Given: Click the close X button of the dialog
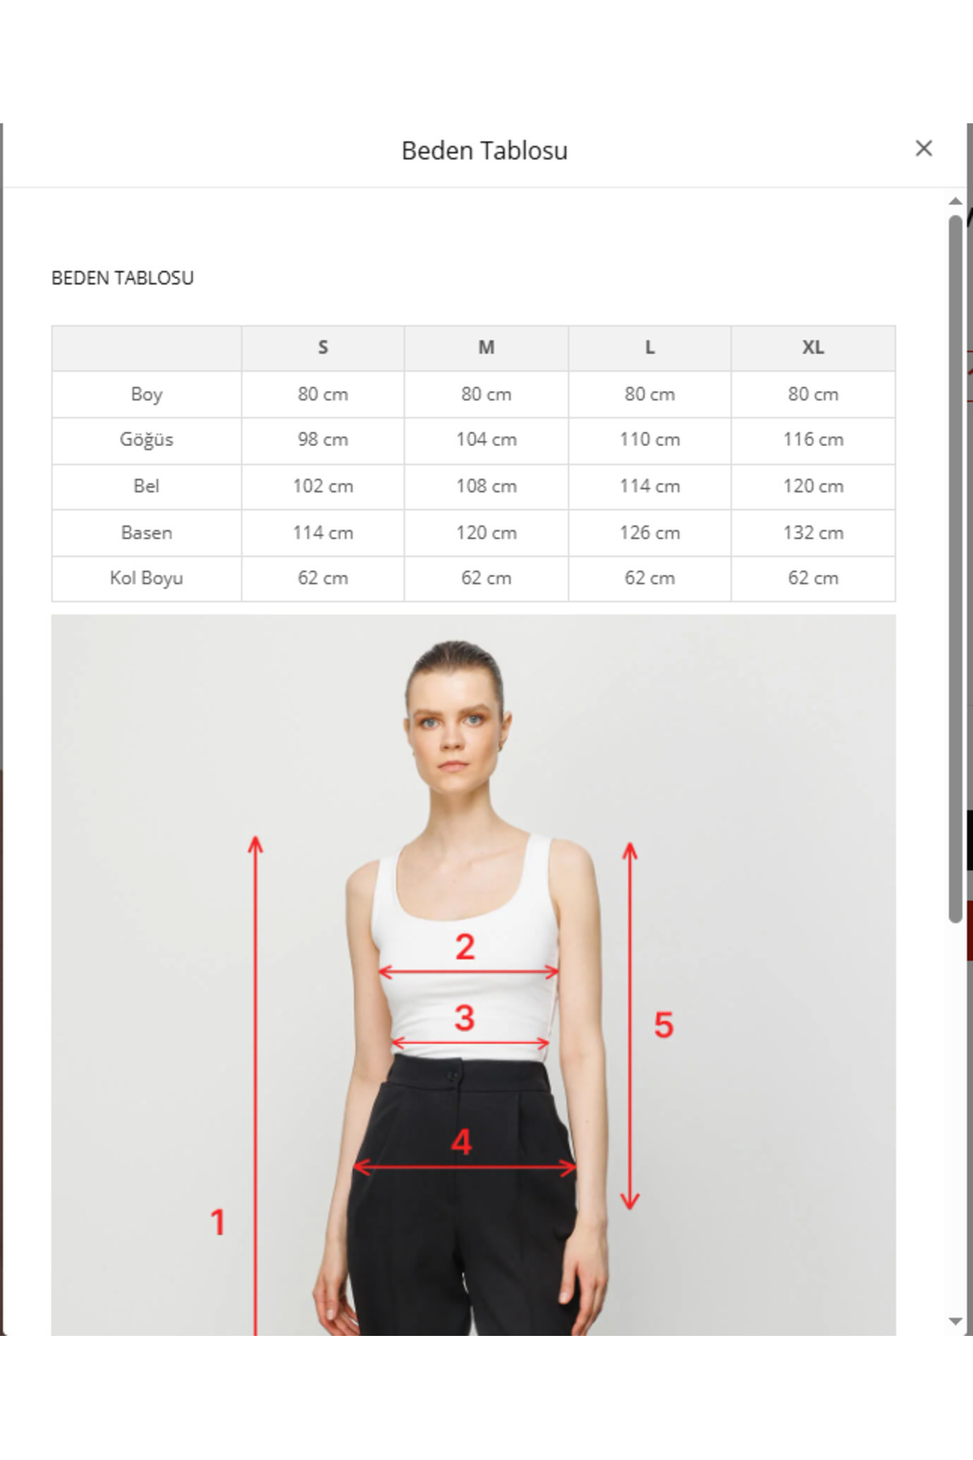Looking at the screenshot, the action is point(924,148).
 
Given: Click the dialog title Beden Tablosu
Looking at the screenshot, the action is point(484,151).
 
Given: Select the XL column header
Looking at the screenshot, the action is point(813,348).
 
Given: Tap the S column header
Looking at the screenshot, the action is point(323,348).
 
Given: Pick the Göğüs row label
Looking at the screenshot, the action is point(147,440).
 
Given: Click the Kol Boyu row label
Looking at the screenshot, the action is point(147,578).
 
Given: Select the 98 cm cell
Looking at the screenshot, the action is point(323,440).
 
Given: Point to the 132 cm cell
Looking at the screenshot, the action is point(813,533).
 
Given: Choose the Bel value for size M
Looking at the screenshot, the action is point(486,486).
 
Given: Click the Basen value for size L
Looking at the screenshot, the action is point(649,533).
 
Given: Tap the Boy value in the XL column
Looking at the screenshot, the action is point(813,394).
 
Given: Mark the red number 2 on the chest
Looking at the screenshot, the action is point(465,947).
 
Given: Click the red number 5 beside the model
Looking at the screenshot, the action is point(664,1024).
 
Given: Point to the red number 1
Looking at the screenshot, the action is point(217,1222).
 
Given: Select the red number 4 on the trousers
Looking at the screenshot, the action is point(461,1142).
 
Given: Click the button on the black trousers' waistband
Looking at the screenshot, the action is point(453,1076).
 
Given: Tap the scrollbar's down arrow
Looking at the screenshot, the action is point(955,1321).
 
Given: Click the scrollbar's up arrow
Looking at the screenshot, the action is point(955,201).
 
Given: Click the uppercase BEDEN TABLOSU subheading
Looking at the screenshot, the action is point(122,278).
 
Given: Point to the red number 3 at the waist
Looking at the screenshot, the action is point(464,1018).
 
